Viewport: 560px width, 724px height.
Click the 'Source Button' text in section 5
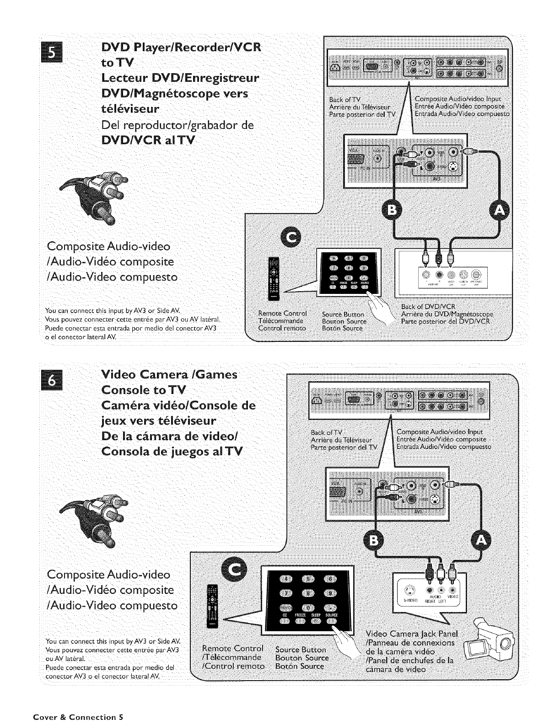point(343,314)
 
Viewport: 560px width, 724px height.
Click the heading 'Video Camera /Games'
point(169,375)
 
